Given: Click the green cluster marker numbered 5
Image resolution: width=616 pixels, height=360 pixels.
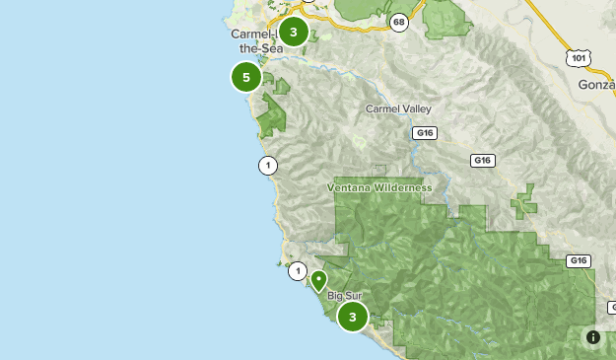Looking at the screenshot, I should (246, 76).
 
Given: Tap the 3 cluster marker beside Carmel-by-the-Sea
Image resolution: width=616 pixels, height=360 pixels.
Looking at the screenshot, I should (293, 32).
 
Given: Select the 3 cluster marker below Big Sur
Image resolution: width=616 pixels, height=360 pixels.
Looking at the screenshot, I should (353, 317).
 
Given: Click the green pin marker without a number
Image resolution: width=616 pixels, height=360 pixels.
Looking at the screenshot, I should (318, 280).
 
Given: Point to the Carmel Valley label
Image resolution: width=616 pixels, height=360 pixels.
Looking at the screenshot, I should (398, 108).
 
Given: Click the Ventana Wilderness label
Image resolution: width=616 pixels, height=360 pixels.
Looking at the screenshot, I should (379, 187).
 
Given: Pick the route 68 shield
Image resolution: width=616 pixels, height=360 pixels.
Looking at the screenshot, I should (398, 22).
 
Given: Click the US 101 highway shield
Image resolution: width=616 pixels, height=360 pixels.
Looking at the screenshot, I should (577, 59).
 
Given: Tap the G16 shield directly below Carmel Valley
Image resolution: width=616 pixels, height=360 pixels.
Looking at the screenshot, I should (425, 132).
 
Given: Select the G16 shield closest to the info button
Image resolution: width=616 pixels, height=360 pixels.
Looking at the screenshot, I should (579, 261).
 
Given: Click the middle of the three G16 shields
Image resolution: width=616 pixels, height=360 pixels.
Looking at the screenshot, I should (482, 161).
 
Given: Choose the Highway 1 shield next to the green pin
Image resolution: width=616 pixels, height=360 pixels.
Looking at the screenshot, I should (298, 270).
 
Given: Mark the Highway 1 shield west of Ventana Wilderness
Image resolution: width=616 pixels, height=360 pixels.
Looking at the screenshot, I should (267, 165).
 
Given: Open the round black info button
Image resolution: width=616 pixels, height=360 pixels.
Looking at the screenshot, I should (593, 337).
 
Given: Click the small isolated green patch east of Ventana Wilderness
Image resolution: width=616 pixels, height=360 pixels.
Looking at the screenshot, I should (524, 202).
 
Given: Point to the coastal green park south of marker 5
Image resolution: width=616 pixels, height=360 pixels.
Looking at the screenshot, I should (270, 119).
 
